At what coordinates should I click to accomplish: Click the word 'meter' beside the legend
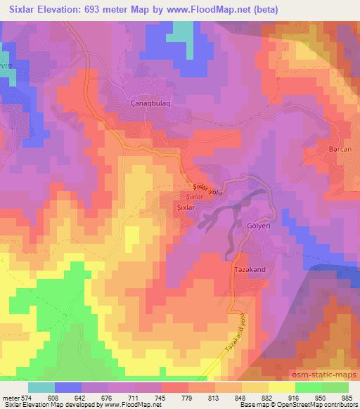10,398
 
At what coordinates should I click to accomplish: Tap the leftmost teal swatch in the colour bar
41,387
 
